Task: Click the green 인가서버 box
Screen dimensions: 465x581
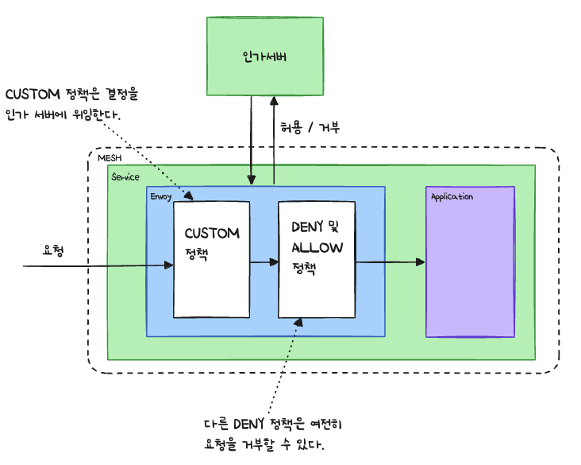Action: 265,56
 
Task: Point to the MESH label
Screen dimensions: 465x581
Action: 109,159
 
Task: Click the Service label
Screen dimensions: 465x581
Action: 125,176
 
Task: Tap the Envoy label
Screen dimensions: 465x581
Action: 161,196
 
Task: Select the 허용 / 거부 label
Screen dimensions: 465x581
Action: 310,127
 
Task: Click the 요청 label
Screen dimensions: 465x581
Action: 54,250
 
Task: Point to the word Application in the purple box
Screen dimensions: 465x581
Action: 452,196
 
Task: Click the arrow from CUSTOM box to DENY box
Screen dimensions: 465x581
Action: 264,262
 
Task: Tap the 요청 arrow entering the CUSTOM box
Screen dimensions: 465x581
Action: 95,265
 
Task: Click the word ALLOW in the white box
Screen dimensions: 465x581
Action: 317,247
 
